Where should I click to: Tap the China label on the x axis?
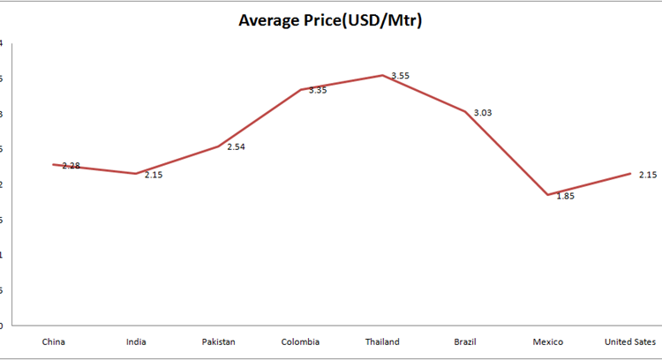[x=53, y=341]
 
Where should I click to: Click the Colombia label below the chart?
[x=300, y=341]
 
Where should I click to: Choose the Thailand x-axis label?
[x=382, y=341]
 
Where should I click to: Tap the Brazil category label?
[x=465, y=341]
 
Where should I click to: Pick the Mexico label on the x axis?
[x=548, y=341]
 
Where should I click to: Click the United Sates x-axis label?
[x=630, y=341]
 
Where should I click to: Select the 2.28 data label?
[x=71, y=166]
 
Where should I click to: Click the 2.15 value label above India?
[x=154, y=175]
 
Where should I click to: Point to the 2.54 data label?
[x=236, y=146]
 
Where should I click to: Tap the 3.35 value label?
[x=318, y=90]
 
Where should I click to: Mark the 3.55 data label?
[x=400, y=76]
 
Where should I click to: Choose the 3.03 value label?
[x=483, y=113]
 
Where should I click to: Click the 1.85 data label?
[x=565, y=196]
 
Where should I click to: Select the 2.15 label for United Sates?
[x=648, y=175]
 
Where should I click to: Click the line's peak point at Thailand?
[x=382, y=75]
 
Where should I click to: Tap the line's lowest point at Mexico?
[x=547, y=194]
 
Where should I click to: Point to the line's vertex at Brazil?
[x=465, y=112]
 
